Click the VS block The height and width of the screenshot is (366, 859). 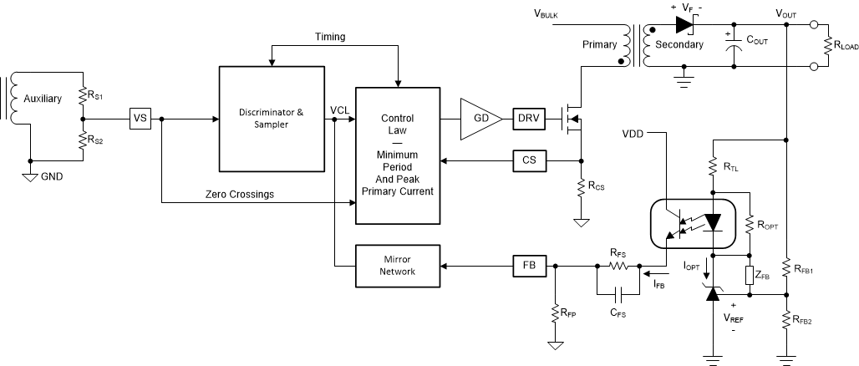click(x=140, y=119)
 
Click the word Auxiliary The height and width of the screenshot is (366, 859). click(x=42, y=99)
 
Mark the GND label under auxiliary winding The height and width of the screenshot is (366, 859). click(x=51, y=176)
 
